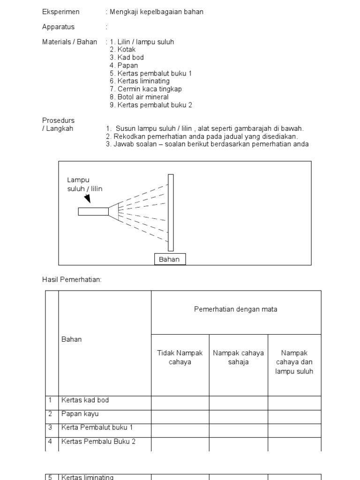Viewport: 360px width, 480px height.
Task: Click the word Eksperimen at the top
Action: pyautogui.click(x=61, y=12)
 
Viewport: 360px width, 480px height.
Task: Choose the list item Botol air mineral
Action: pyautogui.click(x=143, y=97)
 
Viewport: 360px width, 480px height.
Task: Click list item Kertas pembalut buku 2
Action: pyautogui.click(x=155, y=105)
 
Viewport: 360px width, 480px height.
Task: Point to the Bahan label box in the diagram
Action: pyautogui.click(x=170, y=259)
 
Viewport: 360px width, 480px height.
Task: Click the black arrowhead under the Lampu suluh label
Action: pyautogui.click(x=87, y=199)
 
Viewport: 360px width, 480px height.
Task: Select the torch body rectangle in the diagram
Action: pyautogui.click(x=93, y=211)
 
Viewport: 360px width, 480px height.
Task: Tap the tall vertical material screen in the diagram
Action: pyautogui.click(x=171, y=212)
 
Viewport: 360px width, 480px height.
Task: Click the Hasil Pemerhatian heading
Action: pyautogui.click(x=72, y=280)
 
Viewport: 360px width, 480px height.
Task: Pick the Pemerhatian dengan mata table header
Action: pyautogui.click(x=236, y=309)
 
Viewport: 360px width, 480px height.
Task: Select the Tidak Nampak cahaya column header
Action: pyautogui.click(x=180, y=358)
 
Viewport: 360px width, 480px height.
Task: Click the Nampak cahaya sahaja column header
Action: pyautogui.click(x=238, y=358)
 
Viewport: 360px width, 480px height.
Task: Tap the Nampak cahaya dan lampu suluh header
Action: pyautogui.click(x=294, y=362)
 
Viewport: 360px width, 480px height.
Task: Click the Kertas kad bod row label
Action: pyautogui.click(x=85, y=400)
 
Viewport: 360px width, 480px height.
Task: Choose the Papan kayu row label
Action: pyautogui.click(x=80, y=414)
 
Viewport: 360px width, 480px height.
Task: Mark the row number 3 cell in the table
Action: pyautogui.click(x=50, y=427)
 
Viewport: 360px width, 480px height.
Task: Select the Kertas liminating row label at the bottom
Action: pyautogui.click(x=87, y=477)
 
